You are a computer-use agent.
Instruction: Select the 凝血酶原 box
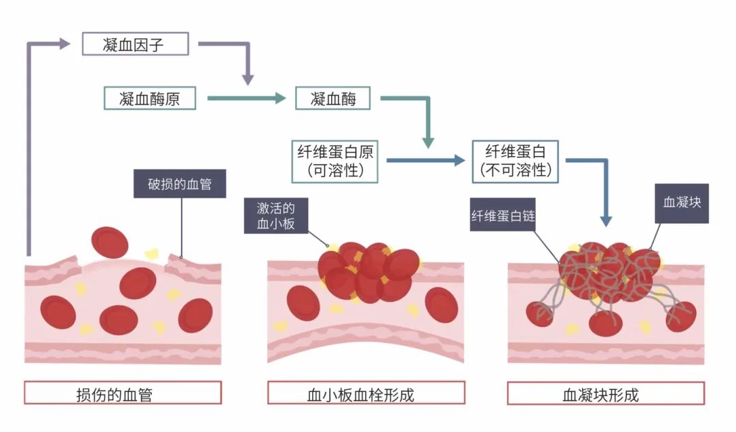click(x=151, y=98)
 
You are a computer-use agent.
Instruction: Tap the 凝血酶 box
click(x=333, y=98)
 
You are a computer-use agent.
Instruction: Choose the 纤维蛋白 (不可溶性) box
click(x=515, y=161)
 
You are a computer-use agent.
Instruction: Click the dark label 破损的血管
click(x=180, y=185)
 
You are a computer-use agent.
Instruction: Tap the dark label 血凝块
click(x=681, y=203)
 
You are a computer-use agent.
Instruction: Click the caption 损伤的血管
click(x=123, y=393)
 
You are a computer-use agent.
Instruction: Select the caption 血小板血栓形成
click(x=366, y=393)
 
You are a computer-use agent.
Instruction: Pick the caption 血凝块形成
click(x=606, y=393)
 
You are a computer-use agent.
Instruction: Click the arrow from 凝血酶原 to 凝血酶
click(x=245, y=98)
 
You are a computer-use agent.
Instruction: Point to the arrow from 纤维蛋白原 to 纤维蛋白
click(x=425, y=161)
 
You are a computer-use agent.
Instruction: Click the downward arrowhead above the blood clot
click(x=605, y=220)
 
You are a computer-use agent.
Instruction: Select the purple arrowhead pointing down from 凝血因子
click(x=248, y=80)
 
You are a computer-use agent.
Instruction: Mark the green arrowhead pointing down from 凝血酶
click(x=428, y=142)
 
